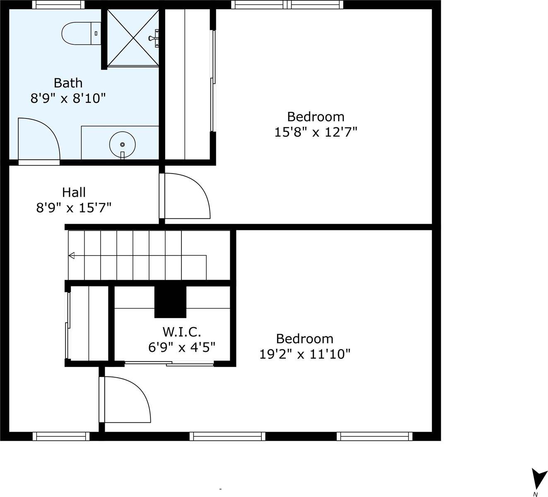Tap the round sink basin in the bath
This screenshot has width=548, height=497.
point(122,144)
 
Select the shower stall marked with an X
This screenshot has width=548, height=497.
point(133,38)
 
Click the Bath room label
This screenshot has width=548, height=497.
point(68,83)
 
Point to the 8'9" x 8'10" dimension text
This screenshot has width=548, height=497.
point(68,98)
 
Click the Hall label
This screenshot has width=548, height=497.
point(74,192)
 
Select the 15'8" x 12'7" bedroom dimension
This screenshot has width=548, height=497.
point(316,132)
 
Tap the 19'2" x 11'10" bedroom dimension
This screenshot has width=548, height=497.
point(305,354)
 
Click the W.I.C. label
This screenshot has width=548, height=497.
point(181,331)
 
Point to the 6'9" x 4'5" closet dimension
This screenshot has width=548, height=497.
point(181,347)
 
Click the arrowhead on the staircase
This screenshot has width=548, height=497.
point(72,255)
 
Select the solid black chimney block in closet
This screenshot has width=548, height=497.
point(170,302)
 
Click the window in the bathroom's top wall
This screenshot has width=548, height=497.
point(58,5)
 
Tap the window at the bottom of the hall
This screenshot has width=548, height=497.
point(61,436)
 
